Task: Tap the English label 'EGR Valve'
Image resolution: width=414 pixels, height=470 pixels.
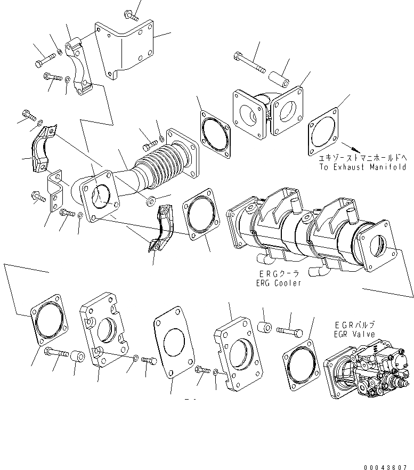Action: coord(354,334)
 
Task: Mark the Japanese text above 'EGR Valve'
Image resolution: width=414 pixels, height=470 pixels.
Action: coord(354,325)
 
